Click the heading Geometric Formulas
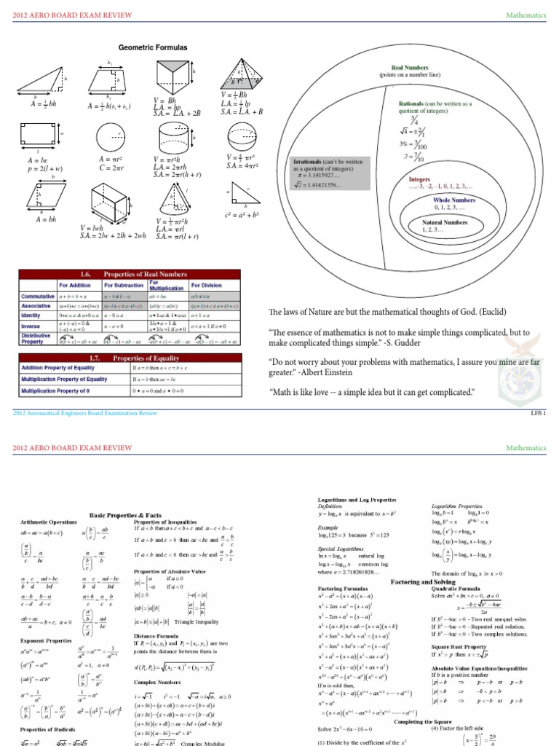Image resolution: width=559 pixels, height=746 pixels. pos(153,47)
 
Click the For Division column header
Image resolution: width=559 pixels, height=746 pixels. pos(206,286)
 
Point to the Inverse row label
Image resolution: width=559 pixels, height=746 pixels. pos(31,326)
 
